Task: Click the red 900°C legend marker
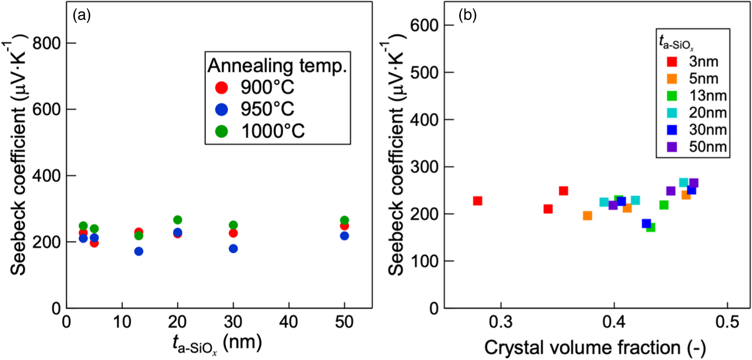click(221, 87)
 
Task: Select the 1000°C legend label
click(273, 131)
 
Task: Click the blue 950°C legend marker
click(221, 110)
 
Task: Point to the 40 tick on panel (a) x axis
click(288, 322)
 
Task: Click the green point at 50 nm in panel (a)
click(345, 220)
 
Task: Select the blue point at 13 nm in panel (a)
click(139, 251)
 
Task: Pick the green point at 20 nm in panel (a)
click(178, 220)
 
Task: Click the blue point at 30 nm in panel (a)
click(233, 249)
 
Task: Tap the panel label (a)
click(82, 16)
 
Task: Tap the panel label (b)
click(467, 16)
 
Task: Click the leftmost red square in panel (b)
click(478, 201)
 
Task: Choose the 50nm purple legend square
click(672, 147)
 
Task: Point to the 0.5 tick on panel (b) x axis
click(727, 322)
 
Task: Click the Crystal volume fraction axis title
click(595, 348)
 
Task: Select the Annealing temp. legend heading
click(277, 66)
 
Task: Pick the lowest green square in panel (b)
click(650, 227)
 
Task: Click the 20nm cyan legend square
click(672, 113)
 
